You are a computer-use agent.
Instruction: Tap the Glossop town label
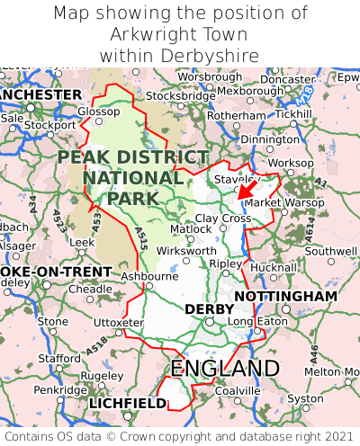98,111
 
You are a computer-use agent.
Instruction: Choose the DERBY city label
209,309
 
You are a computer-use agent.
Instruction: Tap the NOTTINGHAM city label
285,296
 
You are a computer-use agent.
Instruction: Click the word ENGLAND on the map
225,369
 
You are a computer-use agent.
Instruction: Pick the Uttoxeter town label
118,322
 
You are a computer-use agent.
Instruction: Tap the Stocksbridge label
180,95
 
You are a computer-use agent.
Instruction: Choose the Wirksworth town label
185,251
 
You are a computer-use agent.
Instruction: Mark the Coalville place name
238,390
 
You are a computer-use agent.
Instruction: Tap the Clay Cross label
223,219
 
